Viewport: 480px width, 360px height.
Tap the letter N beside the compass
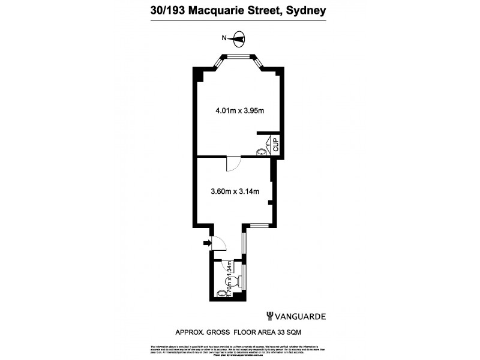click(x=224, y=38)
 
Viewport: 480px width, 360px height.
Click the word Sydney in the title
click(x=304, y=10)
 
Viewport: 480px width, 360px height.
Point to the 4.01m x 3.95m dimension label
click(x=240, y=110)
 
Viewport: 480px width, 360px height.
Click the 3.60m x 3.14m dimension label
click(x=235, y=192)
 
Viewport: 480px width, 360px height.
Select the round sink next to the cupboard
click(x=262, y=152)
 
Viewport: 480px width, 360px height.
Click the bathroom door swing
click(x=228, y=265)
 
